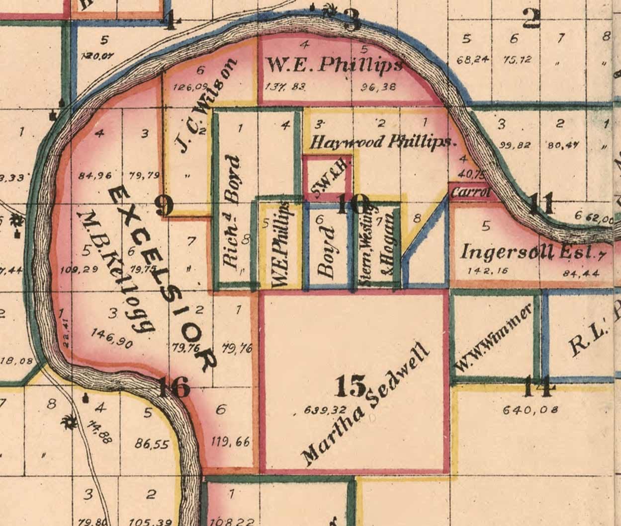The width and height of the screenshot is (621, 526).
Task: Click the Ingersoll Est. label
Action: [x=529, y=252]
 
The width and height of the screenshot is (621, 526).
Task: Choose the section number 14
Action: [x=539, y=387]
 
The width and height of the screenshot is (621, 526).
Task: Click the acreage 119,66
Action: [x=230, y=442]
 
